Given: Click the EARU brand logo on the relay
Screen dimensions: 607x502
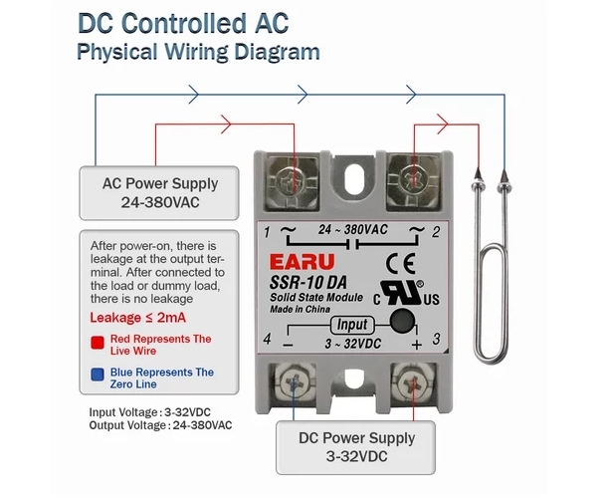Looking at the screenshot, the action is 302,262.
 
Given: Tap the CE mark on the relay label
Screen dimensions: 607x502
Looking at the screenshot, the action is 401,263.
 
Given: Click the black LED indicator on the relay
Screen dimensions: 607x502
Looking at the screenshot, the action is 403,321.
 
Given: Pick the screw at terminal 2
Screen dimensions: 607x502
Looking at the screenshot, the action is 413,179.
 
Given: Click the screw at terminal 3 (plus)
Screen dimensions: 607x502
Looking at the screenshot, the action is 413,383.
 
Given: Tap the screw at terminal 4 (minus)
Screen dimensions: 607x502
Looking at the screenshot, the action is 295,383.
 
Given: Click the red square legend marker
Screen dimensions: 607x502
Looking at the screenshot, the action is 98,343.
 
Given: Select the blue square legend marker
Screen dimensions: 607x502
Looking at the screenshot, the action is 98,375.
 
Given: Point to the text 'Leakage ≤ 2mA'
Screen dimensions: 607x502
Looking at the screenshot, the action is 137,318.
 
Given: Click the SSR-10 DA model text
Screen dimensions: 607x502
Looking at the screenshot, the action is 308,283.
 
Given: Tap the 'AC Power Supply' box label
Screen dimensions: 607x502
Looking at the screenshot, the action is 160,183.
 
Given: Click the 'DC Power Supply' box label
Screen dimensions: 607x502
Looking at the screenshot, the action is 356,438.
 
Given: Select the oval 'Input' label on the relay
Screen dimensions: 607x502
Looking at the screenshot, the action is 352,325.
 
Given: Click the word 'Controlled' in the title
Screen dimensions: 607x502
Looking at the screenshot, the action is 185,23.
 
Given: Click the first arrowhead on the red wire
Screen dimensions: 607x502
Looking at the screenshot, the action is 226,124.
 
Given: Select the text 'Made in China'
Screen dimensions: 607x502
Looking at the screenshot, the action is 300,309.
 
